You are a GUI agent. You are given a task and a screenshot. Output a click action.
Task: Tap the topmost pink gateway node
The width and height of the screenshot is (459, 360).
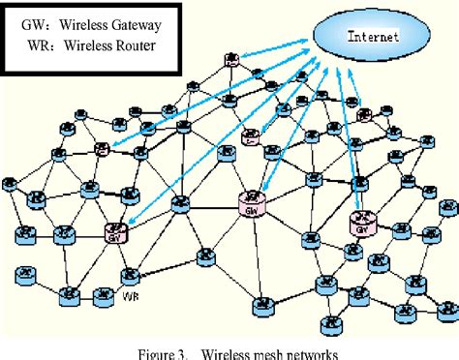coord(232,60)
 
